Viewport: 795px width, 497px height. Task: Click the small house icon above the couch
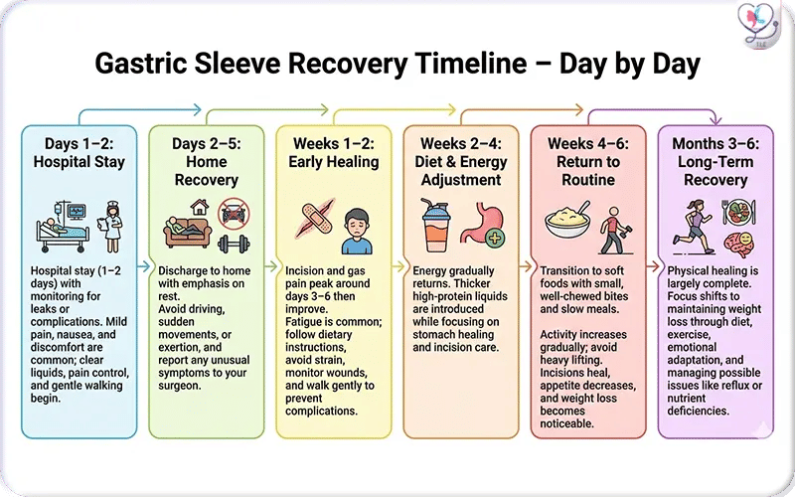[x=199, y=207]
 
